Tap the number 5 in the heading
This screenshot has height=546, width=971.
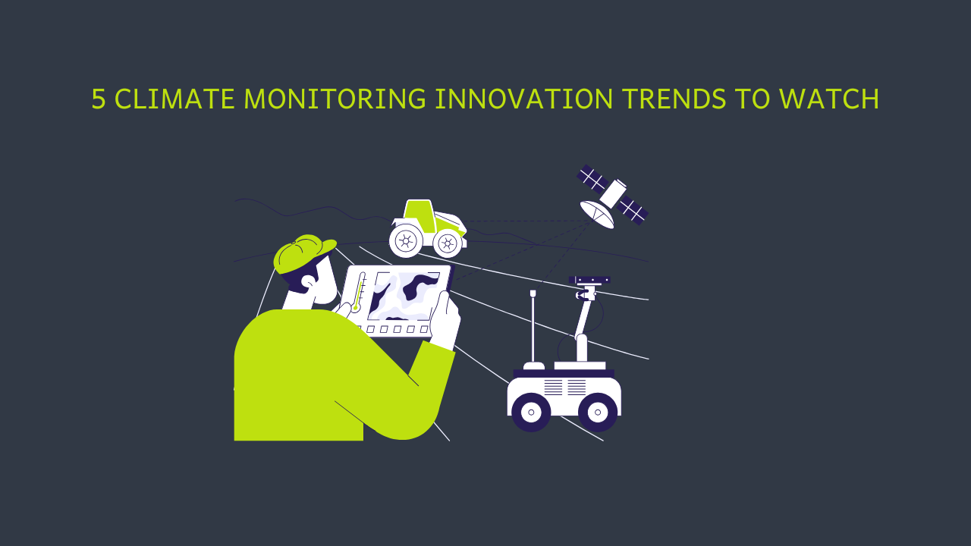coord(98,99)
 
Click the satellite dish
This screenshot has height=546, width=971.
coord(597,214)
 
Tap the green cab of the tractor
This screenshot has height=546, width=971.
coord(419,215)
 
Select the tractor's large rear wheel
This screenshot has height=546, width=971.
coord(406,241)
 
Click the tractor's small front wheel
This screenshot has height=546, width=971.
coord(448,243)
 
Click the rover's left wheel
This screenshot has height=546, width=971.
coord(531,412)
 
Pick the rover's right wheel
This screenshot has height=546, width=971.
coord(598,412)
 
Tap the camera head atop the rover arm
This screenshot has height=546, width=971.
coord(589,281)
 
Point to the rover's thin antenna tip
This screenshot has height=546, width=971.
coord(533,293)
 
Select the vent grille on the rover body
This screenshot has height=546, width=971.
coord(564,388)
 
